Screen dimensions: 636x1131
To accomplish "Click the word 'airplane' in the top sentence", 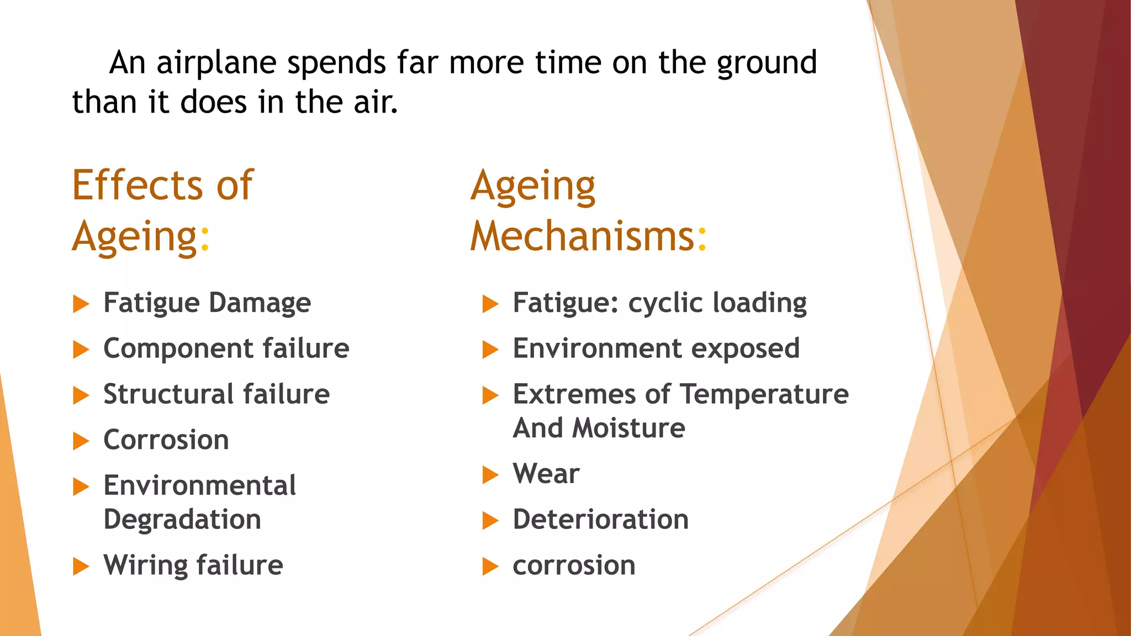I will (216, 63).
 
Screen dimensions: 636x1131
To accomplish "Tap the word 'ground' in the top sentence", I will (767, 63).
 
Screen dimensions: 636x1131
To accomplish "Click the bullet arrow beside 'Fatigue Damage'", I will (81, 304).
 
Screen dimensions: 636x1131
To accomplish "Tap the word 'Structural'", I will (168, 395).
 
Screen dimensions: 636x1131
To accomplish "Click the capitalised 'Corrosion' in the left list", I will (166, 441).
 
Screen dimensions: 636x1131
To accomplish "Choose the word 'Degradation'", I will (182, 520).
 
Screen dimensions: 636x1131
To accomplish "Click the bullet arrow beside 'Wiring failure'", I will (81, 566).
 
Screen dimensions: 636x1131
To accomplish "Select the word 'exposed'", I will (745, 349).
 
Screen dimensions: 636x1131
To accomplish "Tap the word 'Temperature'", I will (764, 395).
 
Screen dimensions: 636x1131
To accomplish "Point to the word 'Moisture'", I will (629, 429).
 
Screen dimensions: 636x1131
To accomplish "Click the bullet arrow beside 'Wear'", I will (490, 475).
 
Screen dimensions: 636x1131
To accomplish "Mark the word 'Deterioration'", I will (600, 520).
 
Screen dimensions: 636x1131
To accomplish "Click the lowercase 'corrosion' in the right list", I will (574, 566).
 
